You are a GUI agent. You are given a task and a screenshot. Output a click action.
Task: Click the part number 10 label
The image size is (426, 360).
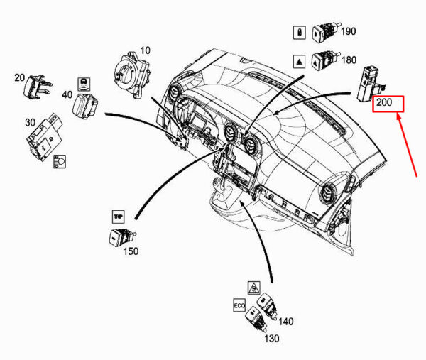pos(145,50)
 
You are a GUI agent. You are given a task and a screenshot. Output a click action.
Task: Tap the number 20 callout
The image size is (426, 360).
pos(19,77)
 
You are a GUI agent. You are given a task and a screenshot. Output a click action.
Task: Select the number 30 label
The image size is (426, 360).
pos(31,122)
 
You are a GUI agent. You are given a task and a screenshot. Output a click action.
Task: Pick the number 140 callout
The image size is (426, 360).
pos(285,321)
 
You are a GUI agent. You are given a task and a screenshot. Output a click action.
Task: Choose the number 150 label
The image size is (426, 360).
pos(131,251)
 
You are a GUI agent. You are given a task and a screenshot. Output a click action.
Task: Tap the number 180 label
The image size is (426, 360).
pos(349,61)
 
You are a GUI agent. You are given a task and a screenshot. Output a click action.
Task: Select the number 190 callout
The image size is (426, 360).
pos(349,31)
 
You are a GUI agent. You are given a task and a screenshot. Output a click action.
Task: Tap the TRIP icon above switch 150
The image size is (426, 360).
pos(117,215)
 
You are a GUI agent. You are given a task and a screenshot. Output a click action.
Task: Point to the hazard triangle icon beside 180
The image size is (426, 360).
pos(299,61)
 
